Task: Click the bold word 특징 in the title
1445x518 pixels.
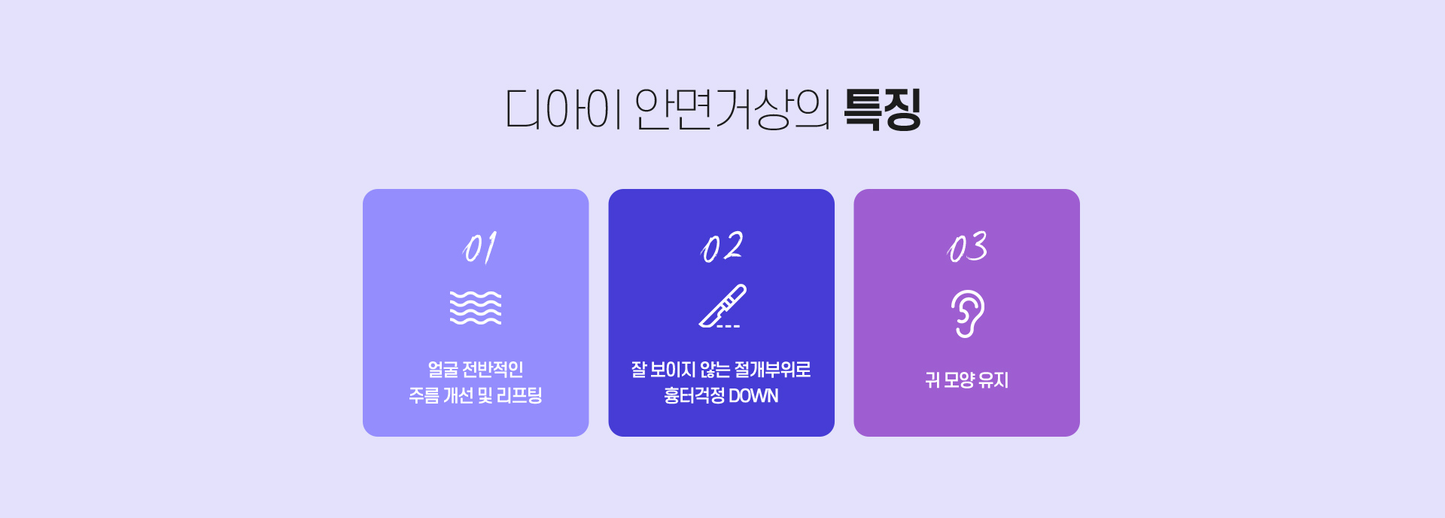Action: click(882, 110)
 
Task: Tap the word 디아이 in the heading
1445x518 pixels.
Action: click(564, 110)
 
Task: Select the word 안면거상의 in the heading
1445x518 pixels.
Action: click(732, 110)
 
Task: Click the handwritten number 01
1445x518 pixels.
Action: click(479, 248)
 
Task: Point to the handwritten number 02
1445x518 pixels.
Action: click(722, 247)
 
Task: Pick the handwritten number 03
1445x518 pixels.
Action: click(967, 247)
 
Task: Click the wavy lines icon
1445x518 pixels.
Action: click(476, 308)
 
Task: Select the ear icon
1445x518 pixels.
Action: click(968, 314)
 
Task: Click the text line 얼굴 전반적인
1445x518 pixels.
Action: click(476, 370)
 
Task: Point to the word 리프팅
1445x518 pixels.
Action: click(519, 395)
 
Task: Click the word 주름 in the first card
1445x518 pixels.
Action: click(424, 395)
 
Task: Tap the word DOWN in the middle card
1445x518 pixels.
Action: click(753, 396)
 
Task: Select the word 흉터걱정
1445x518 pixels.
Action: click(694, 396)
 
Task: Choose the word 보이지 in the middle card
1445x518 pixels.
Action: click(673, 370)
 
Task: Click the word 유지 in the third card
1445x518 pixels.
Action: click(993, 380)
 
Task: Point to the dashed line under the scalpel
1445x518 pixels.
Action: click(729, 326)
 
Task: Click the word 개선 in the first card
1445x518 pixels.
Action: click(458, 395)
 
